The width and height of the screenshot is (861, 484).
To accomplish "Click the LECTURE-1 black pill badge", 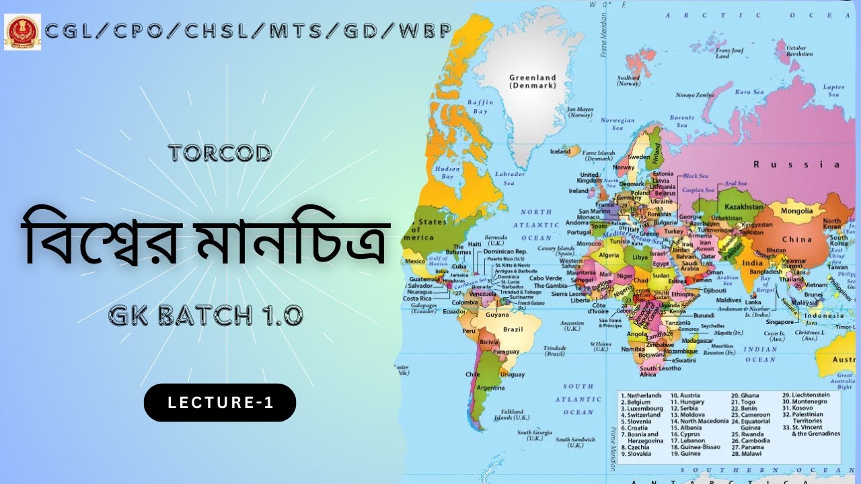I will [220, 403].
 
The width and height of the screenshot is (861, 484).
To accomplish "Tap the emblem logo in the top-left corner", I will [22, 32].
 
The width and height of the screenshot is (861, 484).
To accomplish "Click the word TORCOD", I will [220, 153].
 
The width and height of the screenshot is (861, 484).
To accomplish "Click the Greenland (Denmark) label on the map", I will [532, 81].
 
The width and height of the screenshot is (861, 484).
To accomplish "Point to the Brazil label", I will [513, 329].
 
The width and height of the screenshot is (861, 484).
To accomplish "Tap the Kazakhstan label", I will [744, 207].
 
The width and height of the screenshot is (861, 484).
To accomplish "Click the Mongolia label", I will [796, 211].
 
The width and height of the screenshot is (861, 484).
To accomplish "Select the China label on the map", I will [796, 239].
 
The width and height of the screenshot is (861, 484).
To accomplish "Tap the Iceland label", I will [560, 152].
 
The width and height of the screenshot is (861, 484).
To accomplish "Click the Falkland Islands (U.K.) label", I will [512, 414].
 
